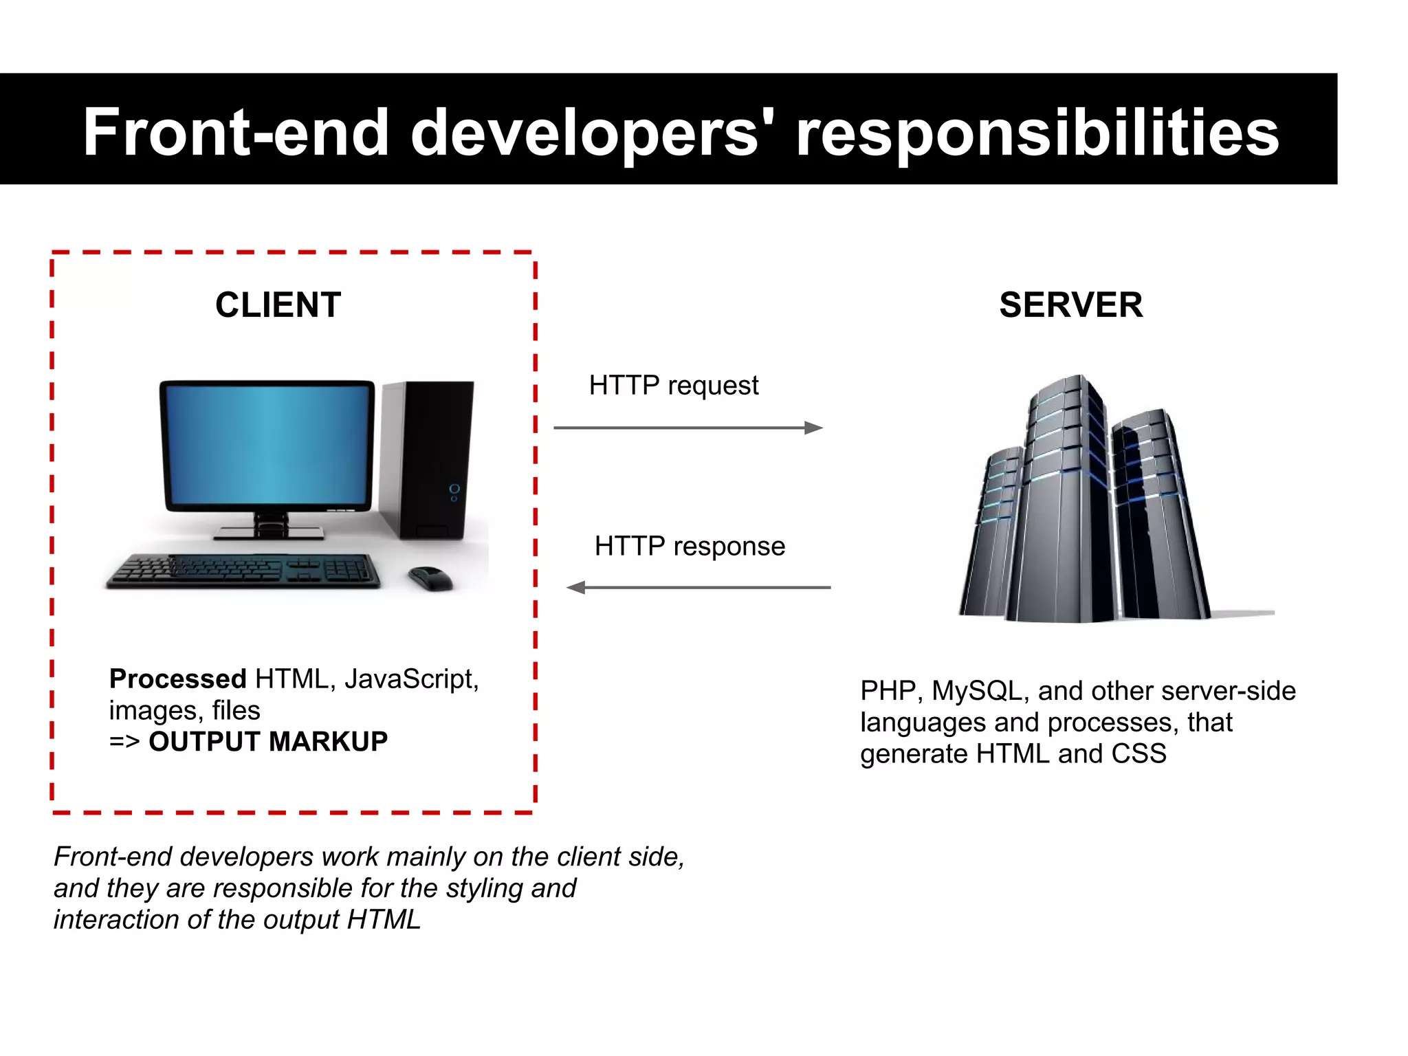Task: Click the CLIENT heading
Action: point(278,305)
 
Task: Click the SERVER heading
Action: point(1070,305)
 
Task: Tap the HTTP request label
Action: point(673,385)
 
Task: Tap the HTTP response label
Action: point(690,546)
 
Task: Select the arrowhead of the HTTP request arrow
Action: point(814,428)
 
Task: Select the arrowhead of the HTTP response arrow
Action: point(576,587)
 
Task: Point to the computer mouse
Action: point(430,578)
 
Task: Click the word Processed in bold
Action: point(177,679)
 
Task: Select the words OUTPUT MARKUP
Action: point(268,741)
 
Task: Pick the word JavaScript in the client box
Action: point(410,679)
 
